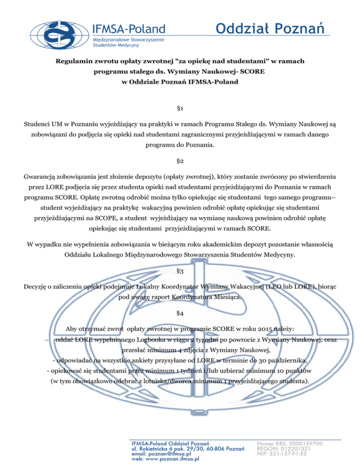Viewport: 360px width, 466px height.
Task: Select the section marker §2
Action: pyautogui.click(x=180, y=161)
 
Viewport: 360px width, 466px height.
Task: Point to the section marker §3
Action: pyautogui.click(x=180, y=271)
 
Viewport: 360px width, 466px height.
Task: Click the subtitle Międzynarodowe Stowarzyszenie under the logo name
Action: pyautogui.click(x=108, y=40)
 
